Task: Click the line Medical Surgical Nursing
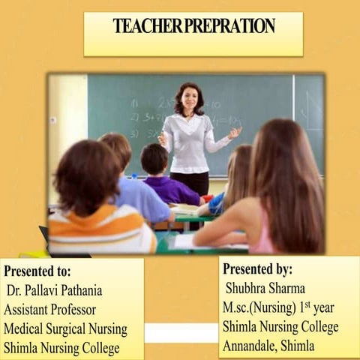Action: pos(65,328)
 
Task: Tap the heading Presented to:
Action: pos(37,271)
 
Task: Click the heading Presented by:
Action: pos(257,269)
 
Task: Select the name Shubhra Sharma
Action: pos(262,288)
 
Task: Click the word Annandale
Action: pos(250,346)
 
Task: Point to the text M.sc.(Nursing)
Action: pos(259,307)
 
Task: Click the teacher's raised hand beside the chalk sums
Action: pos(235,133)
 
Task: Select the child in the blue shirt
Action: pos(135,187)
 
